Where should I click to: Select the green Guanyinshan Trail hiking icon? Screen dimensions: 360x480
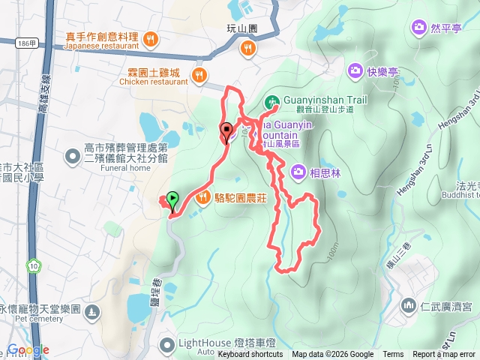[271, 101]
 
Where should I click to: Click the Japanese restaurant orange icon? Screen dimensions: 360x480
[150, 38]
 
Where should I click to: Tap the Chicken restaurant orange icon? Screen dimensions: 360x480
[199, 74]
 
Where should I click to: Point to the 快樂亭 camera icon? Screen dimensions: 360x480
[354, 71]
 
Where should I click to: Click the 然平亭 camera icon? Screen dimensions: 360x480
[418, 28]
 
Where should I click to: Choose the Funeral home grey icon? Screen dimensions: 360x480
[72, 157]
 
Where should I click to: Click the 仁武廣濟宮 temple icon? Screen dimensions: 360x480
[409, 305]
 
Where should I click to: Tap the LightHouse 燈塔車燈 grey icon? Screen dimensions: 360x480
[166, 344]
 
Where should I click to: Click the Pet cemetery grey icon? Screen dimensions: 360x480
[91, 310]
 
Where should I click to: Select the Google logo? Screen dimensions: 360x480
[28, 349]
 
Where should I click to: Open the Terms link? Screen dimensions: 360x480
[393, 355]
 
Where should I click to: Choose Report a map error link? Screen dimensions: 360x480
[445, 355]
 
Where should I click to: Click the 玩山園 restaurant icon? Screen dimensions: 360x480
[247, 49]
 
